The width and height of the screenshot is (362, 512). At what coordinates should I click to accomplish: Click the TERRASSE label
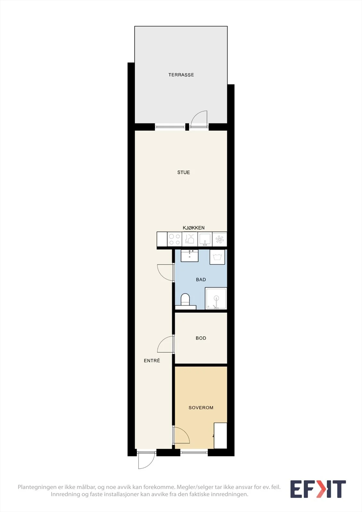point(181,75)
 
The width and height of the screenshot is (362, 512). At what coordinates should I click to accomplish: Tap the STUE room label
point(184,172)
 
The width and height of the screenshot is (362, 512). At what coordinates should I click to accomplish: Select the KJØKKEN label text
point(193,228)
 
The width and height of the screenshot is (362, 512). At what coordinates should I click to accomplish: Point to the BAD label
point(201,280)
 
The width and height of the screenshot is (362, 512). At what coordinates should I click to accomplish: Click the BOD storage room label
point(201,338)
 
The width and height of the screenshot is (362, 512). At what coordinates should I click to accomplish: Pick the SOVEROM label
point(201,408)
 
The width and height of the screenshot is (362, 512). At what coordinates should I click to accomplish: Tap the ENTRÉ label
point(152,361)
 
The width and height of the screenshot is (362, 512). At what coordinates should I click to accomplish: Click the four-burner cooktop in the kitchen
point(174,239)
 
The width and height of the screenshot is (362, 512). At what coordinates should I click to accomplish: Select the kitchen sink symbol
point(205,239)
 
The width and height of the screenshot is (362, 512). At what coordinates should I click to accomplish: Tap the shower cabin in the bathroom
point(216,299)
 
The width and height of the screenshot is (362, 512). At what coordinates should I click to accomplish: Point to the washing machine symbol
point(217,257)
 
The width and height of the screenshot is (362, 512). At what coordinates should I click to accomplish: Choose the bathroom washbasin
point(189,256)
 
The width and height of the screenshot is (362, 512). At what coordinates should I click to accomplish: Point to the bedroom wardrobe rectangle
point(221,436)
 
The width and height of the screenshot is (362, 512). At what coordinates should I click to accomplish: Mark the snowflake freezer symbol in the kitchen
point(220,239)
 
